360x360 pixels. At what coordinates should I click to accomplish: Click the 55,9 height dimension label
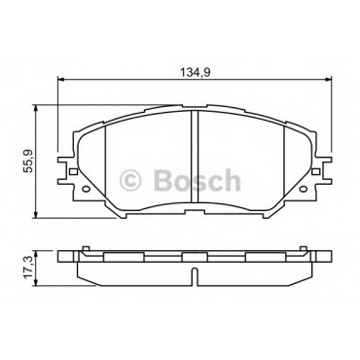click(29, 161)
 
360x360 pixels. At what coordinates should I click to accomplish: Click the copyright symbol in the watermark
click(130, 180)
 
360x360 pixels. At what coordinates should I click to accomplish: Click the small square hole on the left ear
click(73, 171)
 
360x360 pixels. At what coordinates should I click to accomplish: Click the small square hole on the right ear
click(315, 171)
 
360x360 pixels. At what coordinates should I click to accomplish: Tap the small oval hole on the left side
click(87, 189)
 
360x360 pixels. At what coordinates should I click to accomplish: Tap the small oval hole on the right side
click(302, 189)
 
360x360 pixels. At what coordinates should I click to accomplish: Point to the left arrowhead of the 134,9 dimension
click(59, 79)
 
